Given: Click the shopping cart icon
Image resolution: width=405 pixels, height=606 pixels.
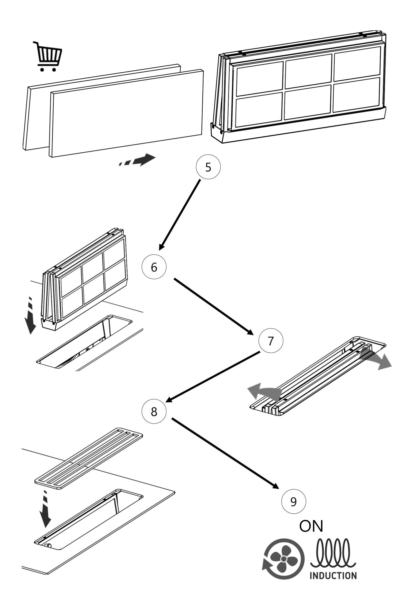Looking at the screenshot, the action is (x=48, y=57).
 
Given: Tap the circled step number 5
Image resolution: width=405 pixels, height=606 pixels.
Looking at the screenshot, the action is (x=208, y=167).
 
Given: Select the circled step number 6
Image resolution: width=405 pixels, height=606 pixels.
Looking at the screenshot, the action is (x=154, y=267).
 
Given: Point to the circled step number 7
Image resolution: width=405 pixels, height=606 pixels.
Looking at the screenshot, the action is (x=271, y=341).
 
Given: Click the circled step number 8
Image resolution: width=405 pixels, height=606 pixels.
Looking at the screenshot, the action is (x=154, y=412).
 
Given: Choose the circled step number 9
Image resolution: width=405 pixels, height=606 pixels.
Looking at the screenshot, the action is (x=293, y=501).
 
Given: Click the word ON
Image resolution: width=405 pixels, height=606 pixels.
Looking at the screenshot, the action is (x=311, y=526).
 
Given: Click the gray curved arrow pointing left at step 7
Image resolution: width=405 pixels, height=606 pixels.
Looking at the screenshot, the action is (x=264, y=392).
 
